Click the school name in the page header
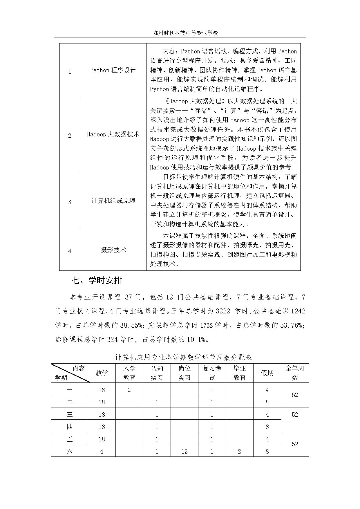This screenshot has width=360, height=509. [185, 33]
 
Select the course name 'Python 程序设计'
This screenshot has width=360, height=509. [113, 70]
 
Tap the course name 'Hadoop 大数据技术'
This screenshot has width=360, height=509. [113, 134]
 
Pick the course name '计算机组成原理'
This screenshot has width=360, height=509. [113, 201]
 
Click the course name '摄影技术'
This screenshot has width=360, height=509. [113, 250]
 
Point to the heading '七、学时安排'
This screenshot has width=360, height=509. [97, 280]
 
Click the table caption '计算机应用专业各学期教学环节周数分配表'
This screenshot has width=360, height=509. [183, 357]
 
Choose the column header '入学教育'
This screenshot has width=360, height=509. [129, 373]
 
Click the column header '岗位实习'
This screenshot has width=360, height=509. [184, 373]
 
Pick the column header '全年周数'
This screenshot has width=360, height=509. [295, 373]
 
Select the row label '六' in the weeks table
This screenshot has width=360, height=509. [70, 452]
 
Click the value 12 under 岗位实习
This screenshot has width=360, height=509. [184, 452]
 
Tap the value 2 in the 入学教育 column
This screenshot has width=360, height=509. [129, 390]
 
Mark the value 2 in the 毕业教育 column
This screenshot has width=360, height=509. [239, 452]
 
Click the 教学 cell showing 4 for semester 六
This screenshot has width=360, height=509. [102, 452]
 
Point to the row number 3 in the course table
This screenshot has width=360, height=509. [70, 202]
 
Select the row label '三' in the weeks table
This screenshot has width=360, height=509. [70, 415]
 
